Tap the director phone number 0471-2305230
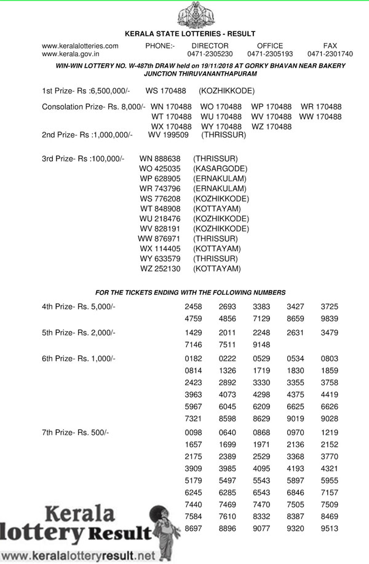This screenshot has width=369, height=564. [x=210, y=54]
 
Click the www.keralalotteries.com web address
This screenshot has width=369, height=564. [x=80, y=46]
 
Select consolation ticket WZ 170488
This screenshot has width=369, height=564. [x=271, y=126]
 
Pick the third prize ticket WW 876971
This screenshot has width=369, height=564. [x=159, y=238]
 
